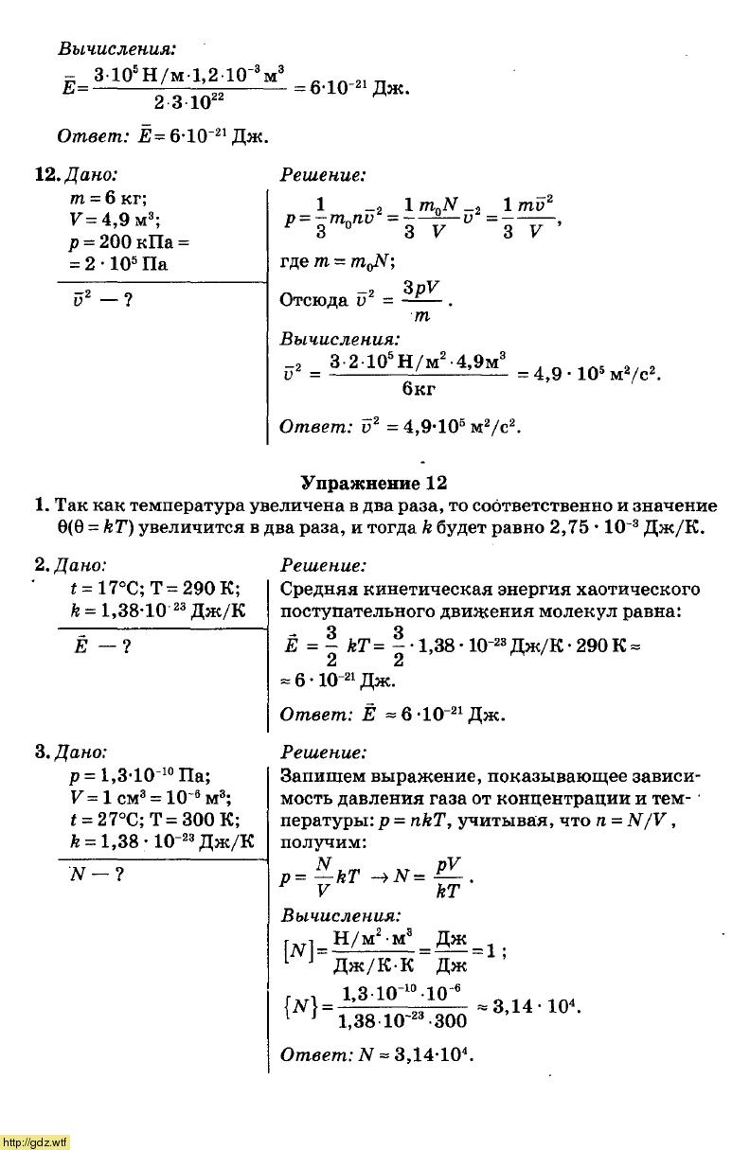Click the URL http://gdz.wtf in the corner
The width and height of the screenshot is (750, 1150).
coord(35,1141)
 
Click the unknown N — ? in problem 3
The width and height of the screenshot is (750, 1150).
coord(98,875)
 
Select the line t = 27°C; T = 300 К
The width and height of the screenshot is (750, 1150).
coord(154,820)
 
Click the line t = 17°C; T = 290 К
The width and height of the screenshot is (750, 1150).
coord(154,588)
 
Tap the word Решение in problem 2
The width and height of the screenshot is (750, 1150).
coord(323,566)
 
